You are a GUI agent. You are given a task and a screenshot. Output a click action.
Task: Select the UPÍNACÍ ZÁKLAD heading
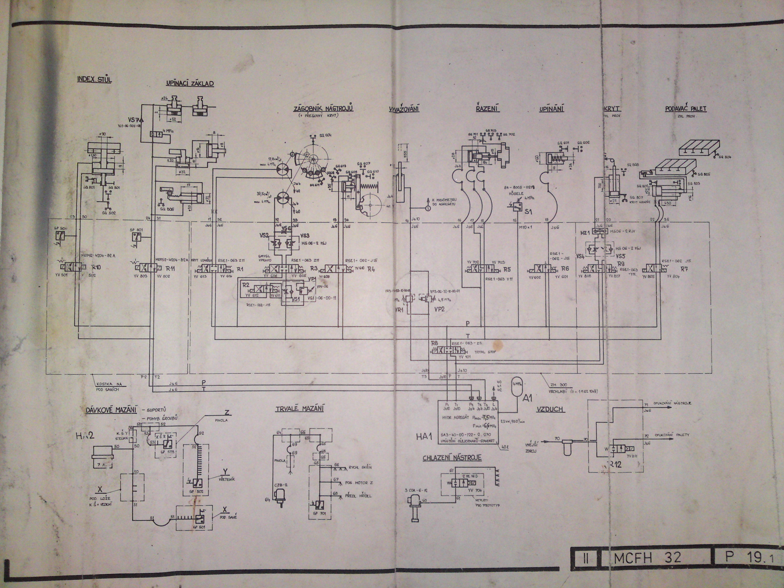coord(190,84)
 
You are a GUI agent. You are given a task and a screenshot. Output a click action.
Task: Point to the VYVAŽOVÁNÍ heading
coord(404,109)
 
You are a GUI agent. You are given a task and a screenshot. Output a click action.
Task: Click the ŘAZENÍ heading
coord(485,109)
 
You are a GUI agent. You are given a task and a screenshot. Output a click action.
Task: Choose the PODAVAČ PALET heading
coord(686,109)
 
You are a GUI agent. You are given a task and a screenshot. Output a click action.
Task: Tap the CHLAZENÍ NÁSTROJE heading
coord(452,458)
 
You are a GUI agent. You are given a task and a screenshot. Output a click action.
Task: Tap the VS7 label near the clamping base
coord(133,120)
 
